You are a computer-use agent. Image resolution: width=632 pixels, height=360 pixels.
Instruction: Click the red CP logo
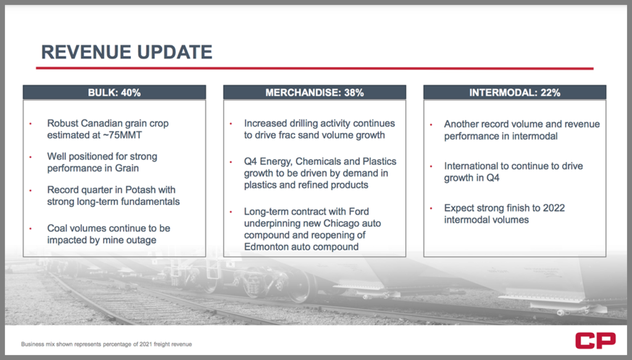click(596, 341)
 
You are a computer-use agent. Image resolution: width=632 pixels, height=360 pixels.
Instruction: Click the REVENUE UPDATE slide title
click(127, 52)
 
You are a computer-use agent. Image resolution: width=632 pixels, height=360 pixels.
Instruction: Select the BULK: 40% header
click(114, 93)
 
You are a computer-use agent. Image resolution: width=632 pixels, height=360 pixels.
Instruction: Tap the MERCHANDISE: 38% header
click(314, 93)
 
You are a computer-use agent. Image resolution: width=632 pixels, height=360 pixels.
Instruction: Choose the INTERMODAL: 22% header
click(515, 93)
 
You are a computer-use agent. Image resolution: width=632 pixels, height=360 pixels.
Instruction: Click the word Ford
click(359, 211)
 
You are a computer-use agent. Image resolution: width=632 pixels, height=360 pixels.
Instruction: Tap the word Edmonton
click(266, 247)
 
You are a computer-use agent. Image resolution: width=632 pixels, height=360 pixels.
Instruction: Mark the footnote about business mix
click(106, 345)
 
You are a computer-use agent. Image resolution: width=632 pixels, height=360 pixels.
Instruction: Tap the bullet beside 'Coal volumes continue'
click(30, 228)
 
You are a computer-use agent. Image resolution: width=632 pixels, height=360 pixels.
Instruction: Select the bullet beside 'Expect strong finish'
click(431, 209)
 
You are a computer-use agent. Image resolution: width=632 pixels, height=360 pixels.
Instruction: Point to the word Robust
click(62, 123)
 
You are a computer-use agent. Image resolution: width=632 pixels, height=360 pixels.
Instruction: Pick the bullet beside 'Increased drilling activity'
click(231, 123)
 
